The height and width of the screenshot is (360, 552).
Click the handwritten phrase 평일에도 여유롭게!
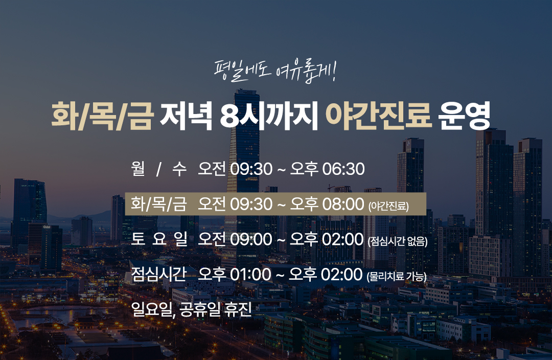pos(275,72)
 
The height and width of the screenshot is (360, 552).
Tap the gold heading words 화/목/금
pos(102,116)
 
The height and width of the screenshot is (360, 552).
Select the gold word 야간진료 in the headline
pos(378,116)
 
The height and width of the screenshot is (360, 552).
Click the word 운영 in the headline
pos(464,116)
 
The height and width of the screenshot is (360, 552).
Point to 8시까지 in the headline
pos(269,116)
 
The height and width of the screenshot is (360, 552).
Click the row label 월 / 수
pos(158,169)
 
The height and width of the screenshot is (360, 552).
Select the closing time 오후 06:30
pos(327,169)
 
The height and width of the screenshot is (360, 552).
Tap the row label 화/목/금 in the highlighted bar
pos(158,204)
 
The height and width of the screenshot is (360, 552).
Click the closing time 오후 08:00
pos(327,204)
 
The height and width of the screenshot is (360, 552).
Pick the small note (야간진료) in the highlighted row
pos(388,206)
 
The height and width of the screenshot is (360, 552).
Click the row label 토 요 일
pos(159,239)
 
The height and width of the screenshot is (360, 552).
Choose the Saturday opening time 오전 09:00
pos(235,239)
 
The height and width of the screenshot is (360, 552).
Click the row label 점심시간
pos(158,275)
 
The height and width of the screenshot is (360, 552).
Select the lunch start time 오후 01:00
pos(235,275)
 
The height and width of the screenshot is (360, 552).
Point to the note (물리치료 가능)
pos(397,277)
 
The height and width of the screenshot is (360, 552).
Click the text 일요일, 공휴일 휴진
pos(191,309)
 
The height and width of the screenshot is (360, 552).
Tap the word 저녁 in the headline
pos(186,116)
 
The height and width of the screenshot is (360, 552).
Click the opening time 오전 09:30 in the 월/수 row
pos(235,169)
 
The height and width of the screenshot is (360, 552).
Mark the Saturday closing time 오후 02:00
pos(326,239)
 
